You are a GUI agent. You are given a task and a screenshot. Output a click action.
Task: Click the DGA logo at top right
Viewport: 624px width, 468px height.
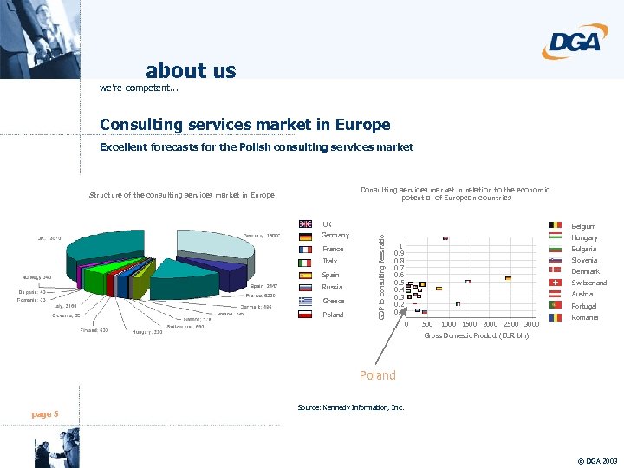(575, 41)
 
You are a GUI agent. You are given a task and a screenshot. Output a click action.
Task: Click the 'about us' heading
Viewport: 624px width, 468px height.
(191, 70)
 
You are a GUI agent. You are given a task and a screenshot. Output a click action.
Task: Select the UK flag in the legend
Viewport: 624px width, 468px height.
(305, 225)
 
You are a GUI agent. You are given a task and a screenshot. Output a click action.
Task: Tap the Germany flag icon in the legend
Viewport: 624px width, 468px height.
(305, 237)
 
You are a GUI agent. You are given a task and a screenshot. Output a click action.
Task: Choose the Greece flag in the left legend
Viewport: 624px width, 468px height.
(305, 302)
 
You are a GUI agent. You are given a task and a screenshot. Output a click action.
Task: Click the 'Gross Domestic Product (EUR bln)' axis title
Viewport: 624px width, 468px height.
(476, 335)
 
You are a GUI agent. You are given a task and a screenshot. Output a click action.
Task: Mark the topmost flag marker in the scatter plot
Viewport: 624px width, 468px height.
(445, 237)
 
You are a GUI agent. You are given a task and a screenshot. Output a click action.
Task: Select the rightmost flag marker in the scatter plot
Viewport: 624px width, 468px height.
(508, 278)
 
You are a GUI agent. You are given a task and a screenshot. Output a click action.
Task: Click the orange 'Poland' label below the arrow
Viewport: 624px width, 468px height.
(377, 375)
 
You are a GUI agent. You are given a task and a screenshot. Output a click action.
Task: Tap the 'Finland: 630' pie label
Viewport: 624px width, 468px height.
(94, 330)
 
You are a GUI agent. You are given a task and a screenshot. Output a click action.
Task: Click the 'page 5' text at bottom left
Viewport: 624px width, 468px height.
(45, 414)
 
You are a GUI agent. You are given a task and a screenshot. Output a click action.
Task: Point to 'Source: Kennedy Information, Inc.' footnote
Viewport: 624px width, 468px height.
(350, 407)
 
